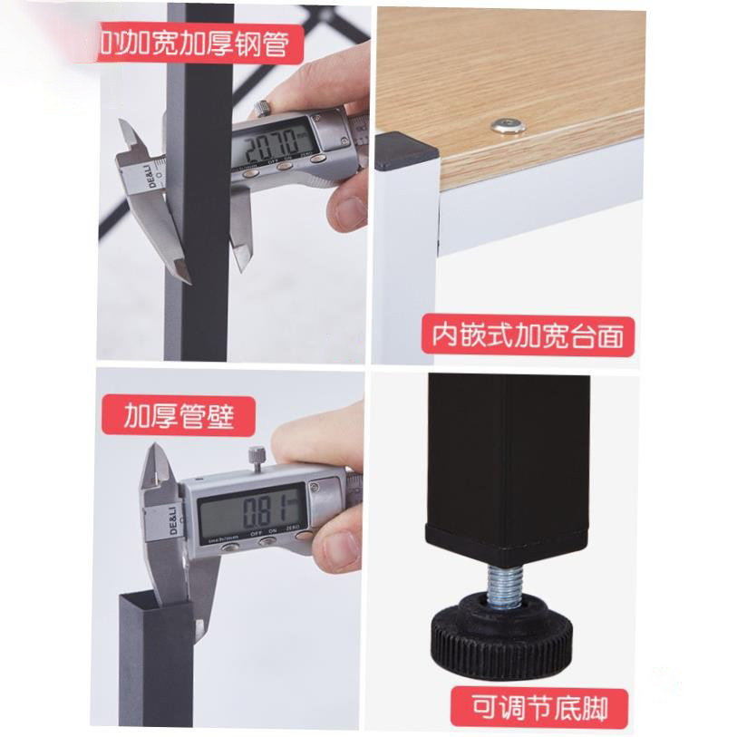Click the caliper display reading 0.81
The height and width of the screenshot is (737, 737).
click(x=251, y=513)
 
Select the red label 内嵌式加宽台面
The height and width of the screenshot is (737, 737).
click(x=527, y=335)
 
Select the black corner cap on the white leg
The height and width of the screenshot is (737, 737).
click(x=405, y=153)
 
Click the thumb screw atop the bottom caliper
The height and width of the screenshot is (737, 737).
click(x=257, y=457)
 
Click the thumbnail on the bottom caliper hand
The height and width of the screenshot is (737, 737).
click(x=340, y=548)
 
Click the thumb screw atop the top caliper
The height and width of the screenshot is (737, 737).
click(x=263, y=110)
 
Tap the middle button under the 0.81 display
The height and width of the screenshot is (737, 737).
click(x=268, y=543)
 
